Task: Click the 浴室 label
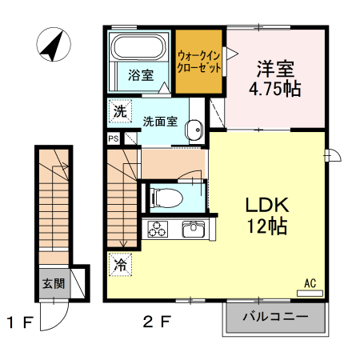pyautogui.click(x=141, y=77)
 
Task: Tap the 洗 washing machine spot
pyautogui.click(x=119, y=112)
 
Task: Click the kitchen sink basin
pyautogui.click(x=194, y=230)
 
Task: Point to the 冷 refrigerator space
pyautogui.click(x=119, y=262)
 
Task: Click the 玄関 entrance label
pyautogui.click(x=54, y=282)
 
